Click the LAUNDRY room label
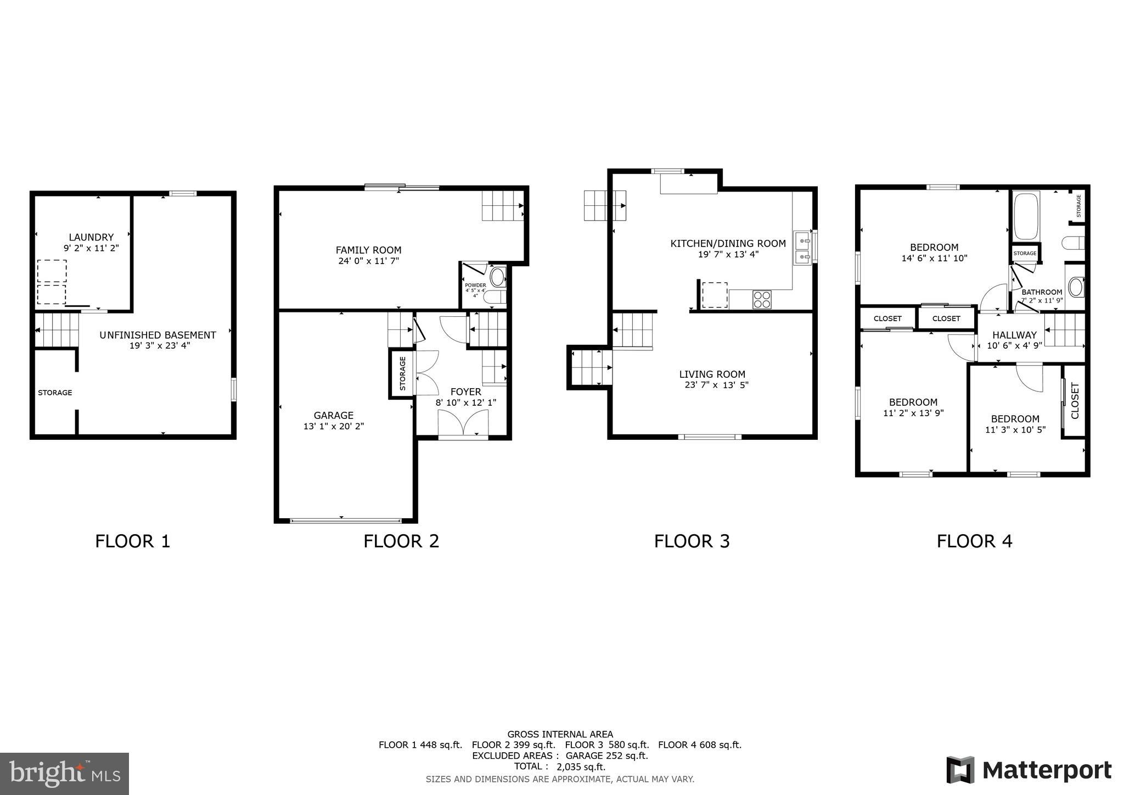[91, 237]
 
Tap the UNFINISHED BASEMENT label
[158, 335]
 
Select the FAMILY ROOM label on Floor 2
[368, 250]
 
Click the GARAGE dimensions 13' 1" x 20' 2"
[333, 427]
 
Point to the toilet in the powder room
[497, 277]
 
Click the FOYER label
[465, 391]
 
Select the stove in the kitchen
[762, 300]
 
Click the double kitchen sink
[802, 248]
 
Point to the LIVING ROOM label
[712, 374]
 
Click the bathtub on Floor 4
[1026, 215]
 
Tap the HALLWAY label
[1014, 335]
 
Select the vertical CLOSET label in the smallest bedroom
[1075, 400]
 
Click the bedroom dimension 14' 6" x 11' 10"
[934, 258]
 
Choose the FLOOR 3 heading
[692, 541]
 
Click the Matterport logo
[1029, 770]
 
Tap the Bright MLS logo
[64, 774]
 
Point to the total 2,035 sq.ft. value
[581, 767]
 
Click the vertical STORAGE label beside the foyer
[402, 374]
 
